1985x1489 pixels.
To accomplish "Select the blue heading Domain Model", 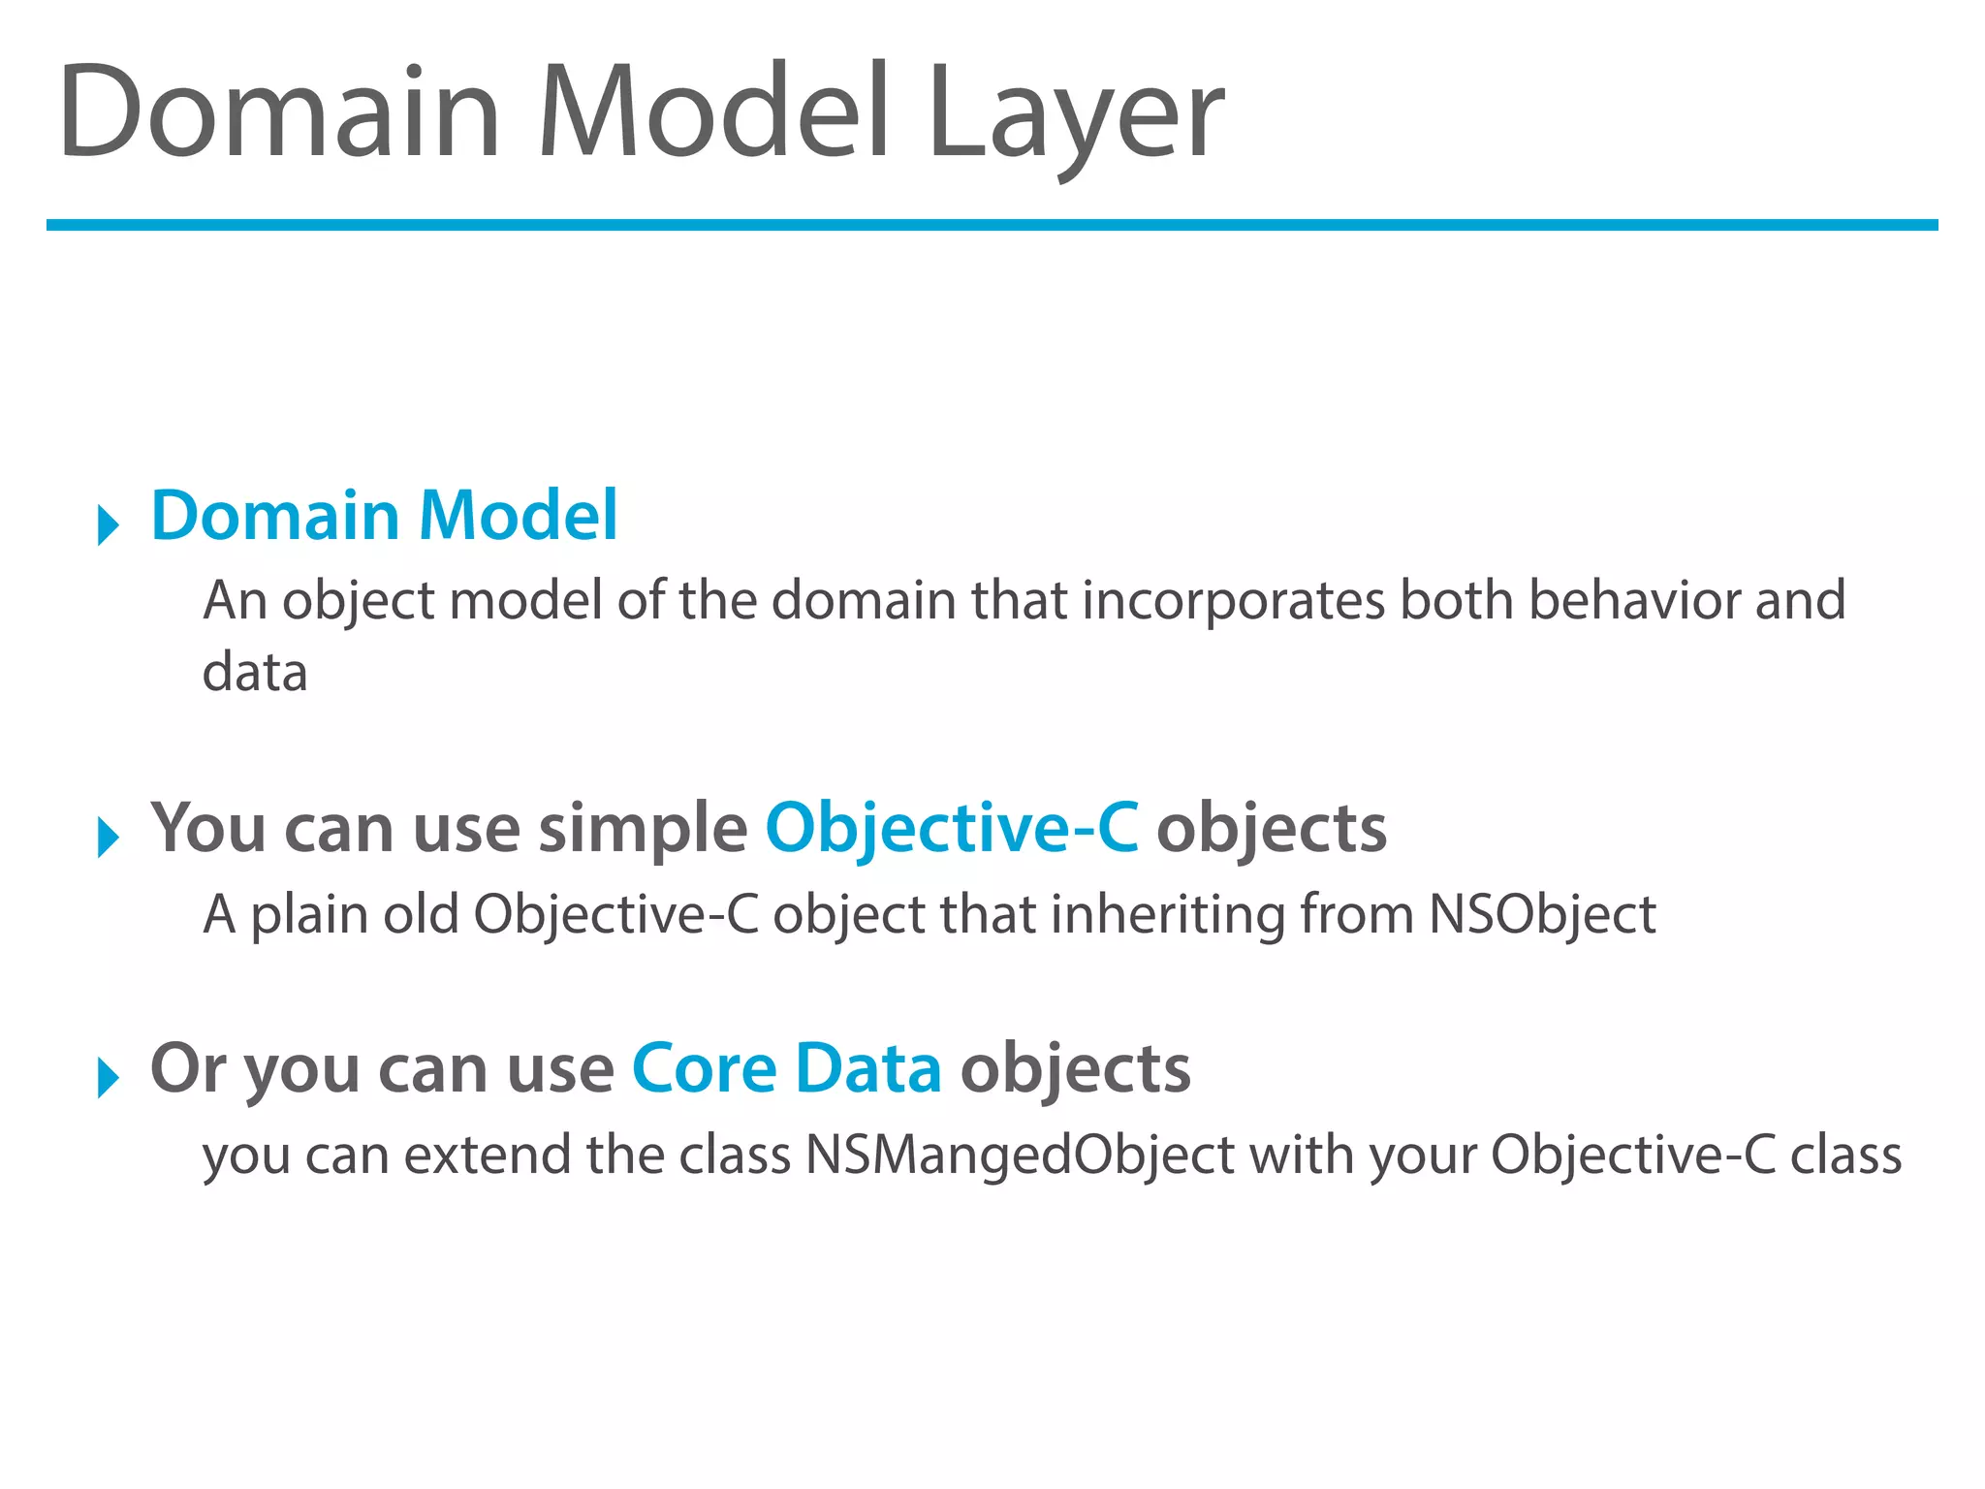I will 384,515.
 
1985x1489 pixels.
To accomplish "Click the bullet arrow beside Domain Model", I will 108,524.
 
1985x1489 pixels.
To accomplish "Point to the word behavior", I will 1634,600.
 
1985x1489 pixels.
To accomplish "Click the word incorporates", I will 1233,600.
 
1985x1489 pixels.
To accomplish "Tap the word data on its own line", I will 255,672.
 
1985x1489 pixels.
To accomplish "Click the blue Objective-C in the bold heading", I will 952,829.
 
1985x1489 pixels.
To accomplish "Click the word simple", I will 643,829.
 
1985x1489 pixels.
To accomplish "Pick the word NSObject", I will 1542,914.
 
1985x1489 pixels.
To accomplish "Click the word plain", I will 309,914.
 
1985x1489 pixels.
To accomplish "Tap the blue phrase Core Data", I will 786,1068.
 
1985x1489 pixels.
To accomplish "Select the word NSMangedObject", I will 1020,1155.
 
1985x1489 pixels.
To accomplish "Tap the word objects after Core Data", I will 1075,1068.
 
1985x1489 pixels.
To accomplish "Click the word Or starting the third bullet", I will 188,1068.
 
